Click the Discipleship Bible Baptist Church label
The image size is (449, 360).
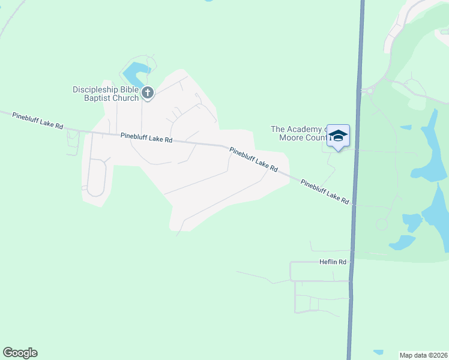[106, 94]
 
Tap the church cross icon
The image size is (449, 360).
[148, 93]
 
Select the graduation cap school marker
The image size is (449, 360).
[338, 136]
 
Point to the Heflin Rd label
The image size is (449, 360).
[333, 262]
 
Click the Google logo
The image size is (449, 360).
[20, 353]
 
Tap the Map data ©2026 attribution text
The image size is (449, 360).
[424, 355]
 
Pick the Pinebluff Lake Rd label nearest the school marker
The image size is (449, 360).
[325, 192]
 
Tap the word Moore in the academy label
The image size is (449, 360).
[292, 137]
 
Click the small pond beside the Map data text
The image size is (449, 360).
[378, 352]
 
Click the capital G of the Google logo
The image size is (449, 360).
[8, 353]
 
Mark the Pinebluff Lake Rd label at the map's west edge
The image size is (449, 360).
[37, 119]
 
